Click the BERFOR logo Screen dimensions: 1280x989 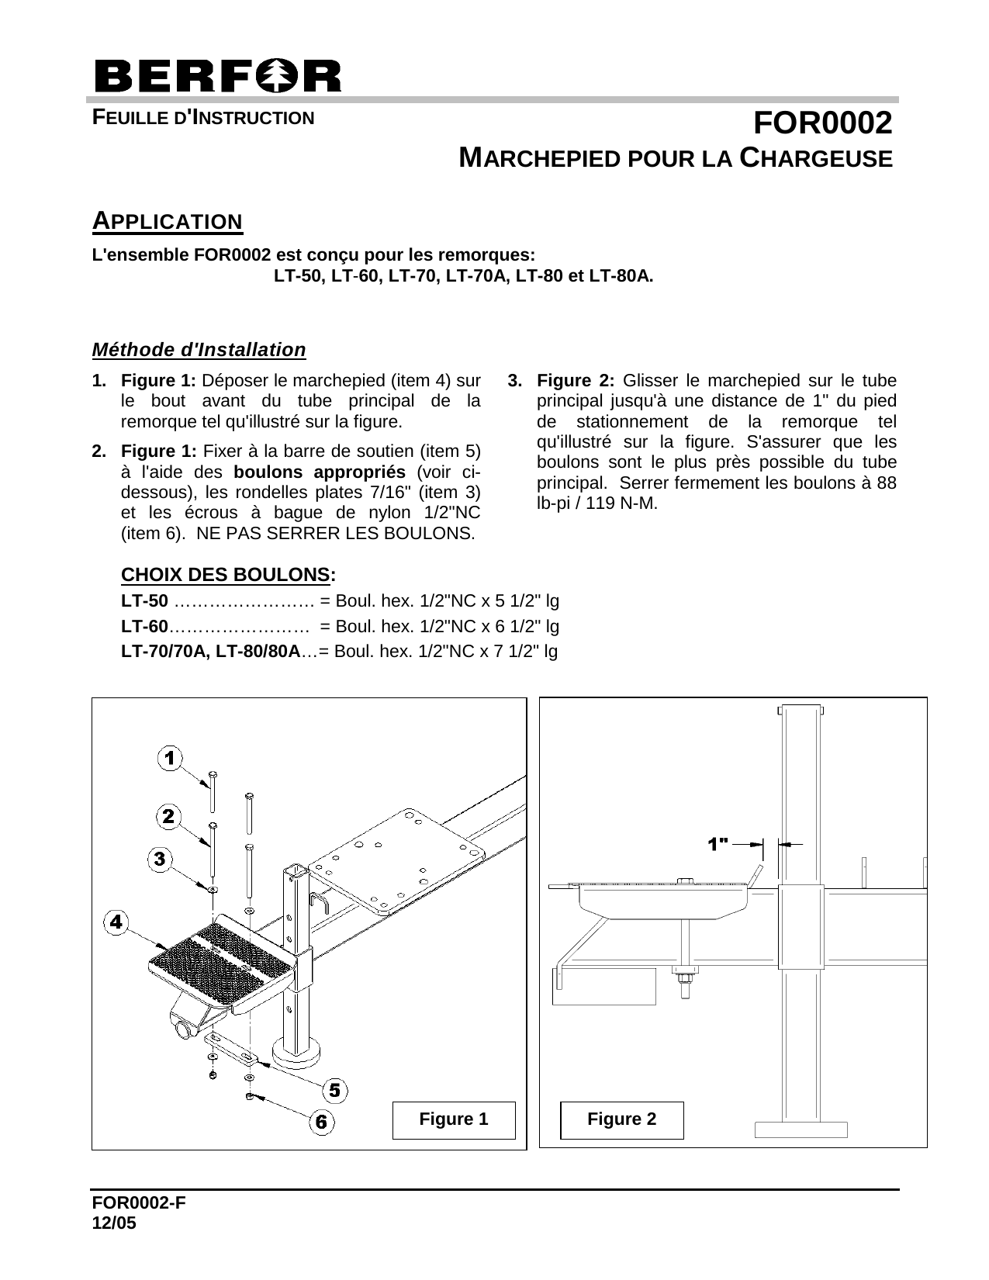[x=217, y=76]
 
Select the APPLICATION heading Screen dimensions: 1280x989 [x=168, y=221]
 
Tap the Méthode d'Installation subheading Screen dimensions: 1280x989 [x=199, y=350]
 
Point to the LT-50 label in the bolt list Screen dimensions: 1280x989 [x=144, y=600]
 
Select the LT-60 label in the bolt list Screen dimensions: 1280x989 [x=144, y=625]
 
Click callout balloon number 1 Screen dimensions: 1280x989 [x=170, y=758]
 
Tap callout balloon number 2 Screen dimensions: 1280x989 [x=168, y=816]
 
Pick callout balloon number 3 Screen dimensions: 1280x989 [x=160, y=858]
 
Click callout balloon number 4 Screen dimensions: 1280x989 [x=116, y=922]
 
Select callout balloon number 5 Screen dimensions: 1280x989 [x=334, y=1090]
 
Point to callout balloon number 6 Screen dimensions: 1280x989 [x=322, y=1122]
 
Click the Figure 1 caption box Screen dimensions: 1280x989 [x=454, y=1119]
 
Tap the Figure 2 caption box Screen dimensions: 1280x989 [x=622, y=1119]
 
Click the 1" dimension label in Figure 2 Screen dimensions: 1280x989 [x=718, y=842]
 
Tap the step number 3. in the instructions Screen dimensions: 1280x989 [x=515, y=381]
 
